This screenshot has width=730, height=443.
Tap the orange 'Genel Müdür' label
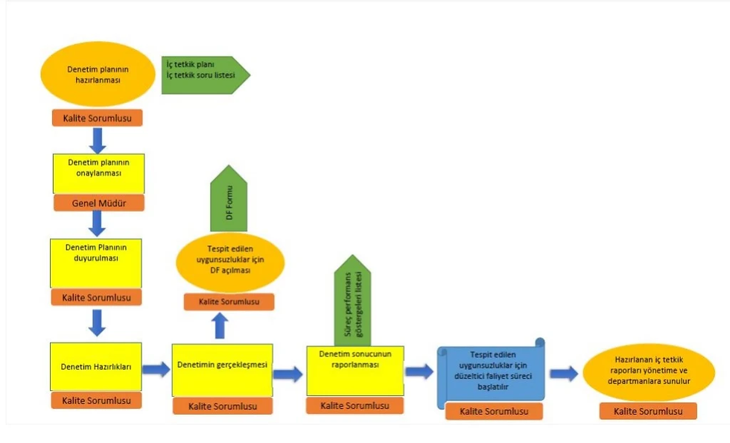pos(98,203)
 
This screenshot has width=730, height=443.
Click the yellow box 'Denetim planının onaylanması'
pos(98,174)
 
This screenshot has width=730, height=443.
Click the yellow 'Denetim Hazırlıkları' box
pos(96,366)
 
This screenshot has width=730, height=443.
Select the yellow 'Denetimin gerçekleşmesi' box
pos(222,369)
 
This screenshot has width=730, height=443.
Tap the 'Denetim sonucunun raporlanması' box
pos(355,370)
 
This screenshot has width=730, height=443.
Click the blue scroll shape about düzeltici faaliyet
pos(492,370)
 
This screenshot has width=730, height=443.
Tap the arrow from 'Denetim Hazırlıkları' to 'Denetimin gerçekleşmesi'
pos(156,369)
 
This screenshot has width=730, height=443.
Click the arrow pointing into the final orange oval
pos(564,373)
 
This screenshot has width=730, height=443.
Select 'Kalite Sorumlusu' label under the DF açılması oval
pos(229,302)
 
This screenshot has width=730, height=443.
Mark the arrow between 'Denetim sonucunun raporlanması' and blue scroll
pos(419,371)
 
